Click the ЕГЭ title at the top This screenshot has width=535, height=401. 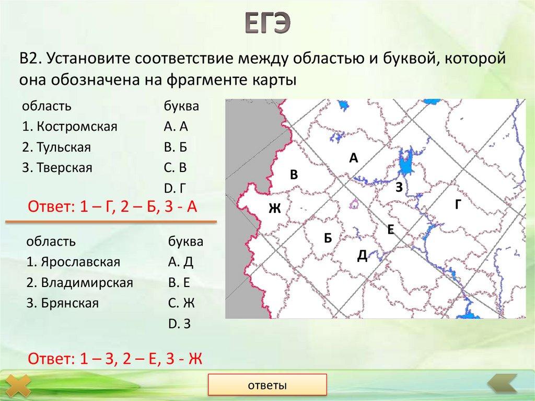point(268,24)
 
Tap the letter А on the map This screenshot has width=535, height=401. point(354,158)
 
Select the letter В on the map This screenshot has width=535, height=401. point(294,176)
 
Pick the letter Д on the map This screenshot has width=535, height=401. point(362,255)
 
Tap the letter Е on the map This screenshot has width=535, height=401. point(390,229)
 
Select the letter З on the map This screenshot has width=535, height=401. point(399,187)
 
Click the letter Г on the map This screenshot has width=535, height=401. point(458,205)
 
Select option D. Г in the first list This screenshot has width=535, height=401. point(175,188)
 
